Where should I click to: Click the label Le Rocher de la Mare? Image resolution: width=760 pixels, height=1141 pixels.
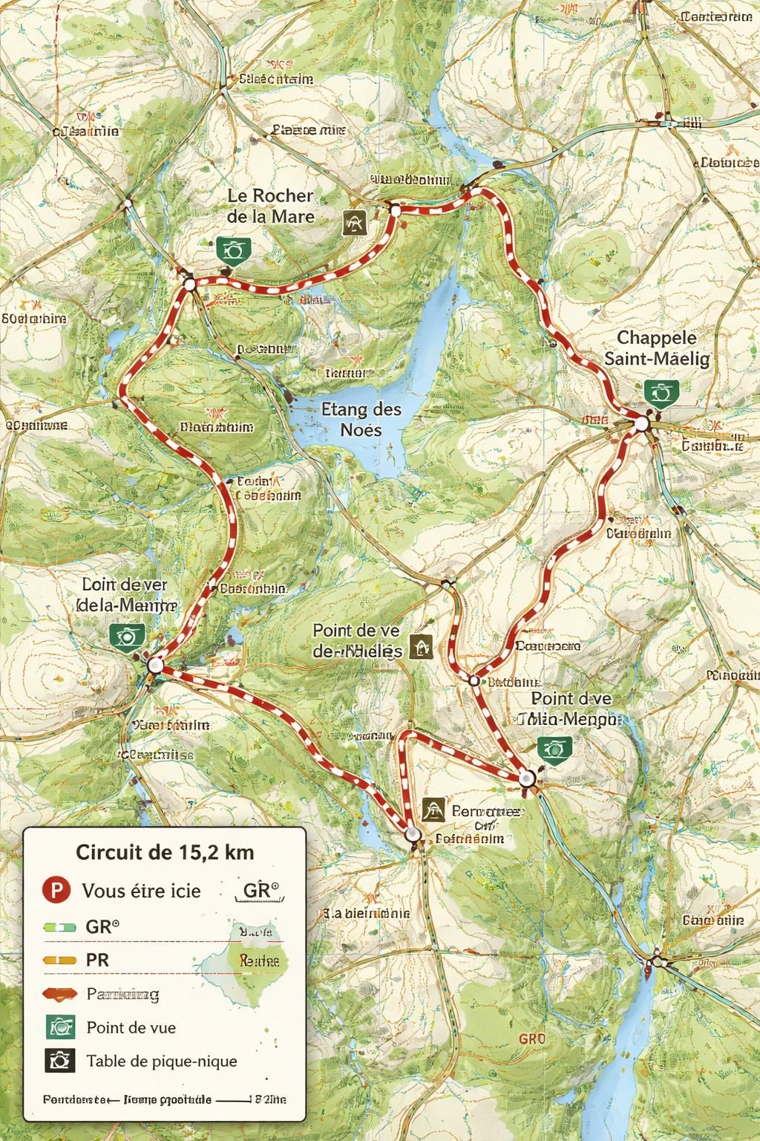click(x=270, y=206)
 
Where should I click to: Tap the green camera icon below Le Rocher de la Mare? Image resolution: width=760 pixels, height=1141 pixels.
click(x=234, y=250)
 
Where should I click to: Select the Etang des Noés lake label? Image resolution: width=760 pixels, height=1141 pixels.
click(x=361, y=419)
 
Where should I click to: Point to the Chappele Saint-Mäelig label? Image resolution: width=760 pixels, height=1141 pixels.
click(x=657, y=348)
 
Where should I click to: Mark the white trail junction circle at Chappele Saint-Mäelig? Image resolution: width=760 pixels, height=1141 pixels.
click(x=641, y=424)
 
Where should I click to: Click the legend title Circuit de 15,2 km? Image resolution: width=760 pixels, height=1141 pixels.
click(x=165, y=851)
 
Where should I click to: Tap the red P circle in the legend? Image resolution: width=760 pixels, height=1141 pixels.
click(x=56, y=890)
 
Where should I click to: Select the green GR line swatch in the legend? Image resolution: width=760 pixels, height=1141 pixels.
click(x=59, y=927)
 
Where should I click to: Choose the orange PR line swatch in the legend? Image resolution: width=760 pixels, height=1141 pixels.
click(x=59, y=960)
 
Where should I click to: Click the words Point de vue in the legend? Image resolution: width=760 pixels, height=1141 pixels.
click(x=131, y=1027)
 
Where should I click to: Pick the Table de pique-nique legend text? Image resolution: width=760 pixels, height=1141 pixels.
click(x=162, y=1060)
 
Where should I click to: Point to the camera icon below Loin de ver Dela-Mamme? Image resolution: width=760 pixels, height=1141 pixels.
click(x=127, y=635)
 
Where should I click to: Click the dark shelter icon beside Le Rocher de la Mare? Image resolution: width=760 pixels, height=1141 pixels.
click(x=356, y=221)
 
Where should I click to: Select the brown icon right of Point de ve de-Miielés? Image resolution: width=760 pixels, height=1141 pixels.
click(x=422, y=648)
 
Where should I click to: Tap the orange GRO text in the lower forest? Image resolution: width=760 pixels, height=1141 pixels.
click(x=532, y=1038)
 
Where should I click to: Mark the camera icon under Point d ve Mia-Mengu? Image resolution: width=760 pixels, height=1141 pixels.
click(x=554, y=748)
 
